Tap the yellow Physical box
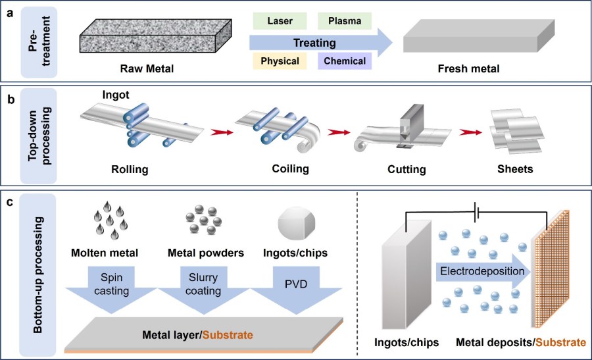280,61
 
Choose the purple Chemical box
345,61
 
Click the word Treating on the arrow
314,43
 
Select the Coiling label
290,169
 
